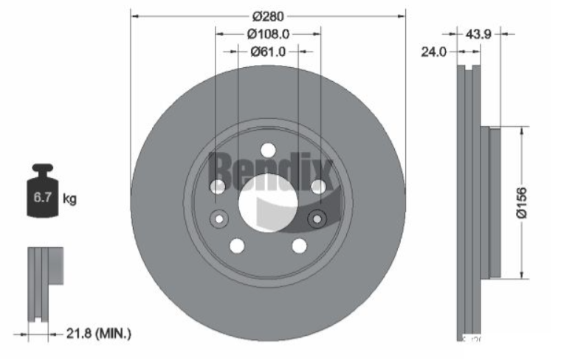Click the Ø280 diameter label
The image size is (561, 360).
(267, 15)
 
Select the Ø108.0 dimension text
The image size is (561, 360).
(267, 33)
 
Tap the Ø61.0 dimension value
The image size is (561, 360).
(267, 52)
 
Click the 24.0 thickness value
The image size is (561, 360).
(434, 52)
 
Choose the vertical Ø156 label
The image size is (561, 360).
(521, 202)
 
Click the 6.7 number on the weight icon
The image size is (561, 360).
(41, 198)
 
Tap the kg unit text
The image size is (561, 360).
(70, 198)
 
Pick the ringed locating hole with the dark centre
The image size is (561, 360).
(318, 218)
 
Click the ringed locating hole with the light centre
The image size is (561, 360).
(218, 218)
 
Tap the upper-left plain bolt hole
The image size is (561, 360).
(218, 187)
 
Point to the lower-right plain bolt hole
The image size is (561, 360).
(299, 246)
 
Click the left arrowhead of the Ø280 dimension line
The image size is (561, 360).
(135, 15)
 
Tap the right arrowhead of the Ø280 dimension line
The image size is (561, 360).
(402, 15)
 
